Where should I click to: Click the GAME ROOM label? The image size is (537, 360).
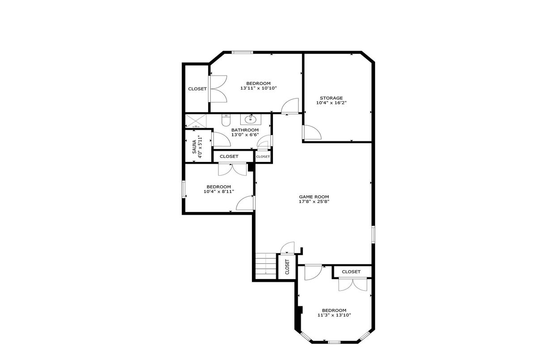(x=314, y=197)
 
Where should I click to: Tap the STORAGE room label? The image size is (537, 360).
(x=331, y=98)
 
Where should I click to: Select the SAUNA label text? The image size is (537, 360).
(x=194, y=147)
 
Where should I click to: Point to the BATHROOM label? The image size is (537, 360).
(x=245, y=130)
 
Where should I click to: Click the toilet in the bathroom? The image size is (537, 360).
(x=226, y=120)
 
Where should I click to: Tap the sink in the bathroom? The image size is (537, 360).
(x=251, y=119)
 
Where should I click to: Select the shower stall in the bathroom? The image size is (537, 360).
(x=196, y=121)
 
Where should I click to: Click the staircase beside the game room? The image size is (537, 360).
(x=266, y=266)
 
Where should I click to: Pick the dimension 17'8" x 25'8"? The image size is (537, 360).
(x=314, y=202)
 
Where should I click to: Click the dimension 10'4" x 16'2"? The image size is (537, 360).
(x=331, y=103)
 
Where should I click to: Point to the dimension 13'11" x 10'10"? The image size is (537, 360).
(x=259, y=88)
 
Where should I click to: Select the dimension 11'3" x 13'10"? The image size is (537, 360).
(x=334, y=315)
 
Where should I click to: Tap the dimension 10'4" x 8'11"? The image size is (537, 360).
(x=219, y=191)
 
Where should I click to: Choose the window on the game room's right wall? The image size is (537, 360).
(x=373, y=234)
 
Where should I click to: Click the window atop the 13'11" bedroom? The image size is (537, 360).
(x=242, y=52)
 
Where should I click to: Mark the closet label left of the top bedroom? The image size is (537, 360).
(x=197, y=89)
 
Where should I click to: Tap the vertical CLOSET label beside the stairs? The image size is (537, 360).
(x=287, y=267)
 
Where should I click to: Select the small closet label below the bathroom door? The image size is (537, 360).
(x=263, y=157)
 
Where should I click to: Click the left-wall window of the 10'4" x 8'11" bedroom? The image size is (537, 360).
(x=183, y=189)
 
